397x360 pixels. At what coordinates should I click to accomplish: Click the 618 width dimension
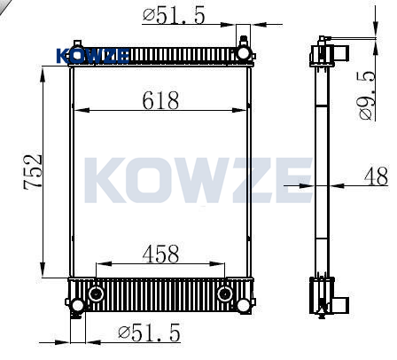click(160, 100)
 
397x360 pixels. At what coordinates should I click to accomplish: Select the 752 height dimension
click(33, 172)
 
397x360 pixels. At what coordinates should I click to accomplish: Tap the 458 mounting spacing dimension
click(160, 254)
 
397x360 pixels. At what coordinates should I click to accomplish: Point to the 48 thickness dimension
click(376, 176)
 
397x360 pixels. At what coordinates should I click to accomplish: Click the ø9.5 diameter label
click(367, 96)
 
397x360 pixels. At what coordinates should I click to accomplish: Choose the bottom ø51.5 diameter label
click(149, 333)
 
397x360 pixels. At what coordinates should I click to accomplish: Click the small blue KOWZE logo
click(93, 56)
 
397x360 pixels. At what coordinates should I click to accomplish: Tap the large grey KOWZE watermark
click(198, 180)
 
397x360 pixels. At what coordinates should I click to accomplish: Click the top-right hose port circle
click(244, 53)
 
